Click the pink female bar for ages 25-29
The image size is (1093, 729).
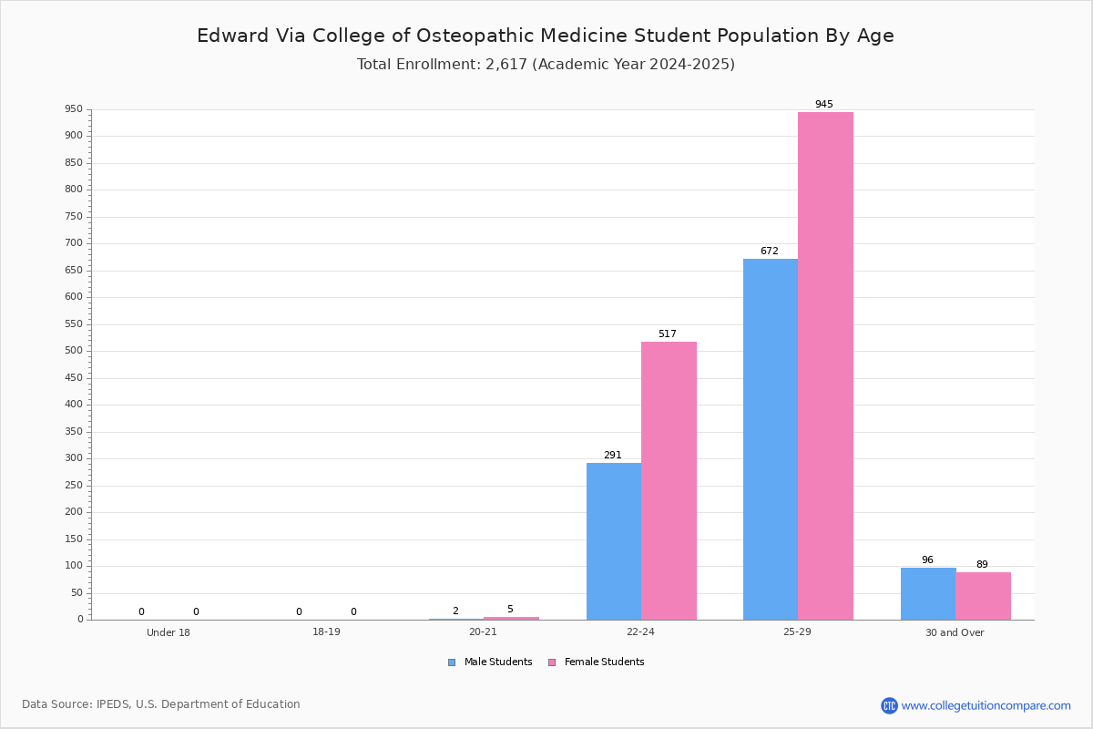[825, 365]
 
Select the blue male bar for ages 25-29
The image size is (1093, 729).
[771, 439]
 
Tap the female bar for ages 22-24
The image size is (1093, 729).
[669, 481]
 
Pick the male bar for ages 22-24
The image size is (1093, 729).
[614, 541]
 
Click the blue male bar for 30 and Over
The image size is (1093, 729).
[928, 594]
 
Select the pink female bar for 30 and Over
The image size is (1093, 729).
[983, 596]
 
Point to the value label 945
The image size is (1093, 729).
[824, 104]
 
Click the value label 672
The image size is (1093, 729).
[770, 251]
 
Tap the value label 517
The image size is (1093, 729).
[668, 334]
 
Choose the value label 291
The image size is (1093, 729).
[613, 455]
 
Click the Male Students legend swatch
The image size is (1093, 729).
[452, 662]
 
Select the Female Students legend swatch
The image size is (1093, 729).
[552, 662]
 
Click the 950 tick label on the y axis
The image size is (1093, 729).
[74, 108]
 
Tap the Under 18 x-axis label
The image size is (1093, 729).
[169, 632]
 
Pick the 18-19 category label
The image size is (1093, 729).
[326, 631]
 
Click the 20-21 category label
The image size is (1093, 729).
[483, 631]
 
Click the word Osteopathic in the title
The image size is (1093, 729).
[475, 36]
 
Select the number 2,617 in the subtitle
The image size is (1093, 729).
[506, 65]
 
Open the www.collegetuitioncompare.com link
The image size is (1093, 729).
[986, 705]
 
